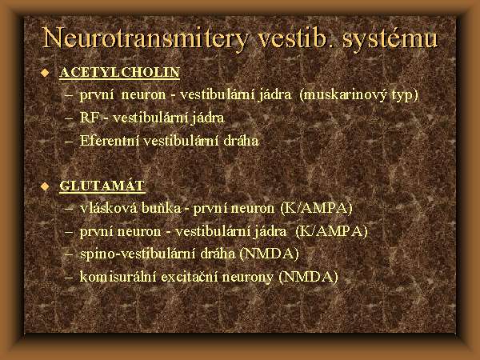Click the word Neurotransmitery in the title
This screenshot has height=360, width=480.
(145, 38)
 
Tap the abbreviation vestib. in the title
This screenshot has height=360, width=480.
(295, 38)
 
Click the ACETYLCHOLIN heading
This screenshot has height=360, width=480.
(119, 72)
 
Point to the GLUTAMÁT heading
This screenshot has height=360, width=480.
(102, 186)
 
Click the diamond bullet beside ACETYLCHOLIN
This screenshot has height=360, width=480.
(46, 73)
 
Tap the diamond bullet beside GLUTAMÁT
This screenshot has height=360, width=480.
(46, 186)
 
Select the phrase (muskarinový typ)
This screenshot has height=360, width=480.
(358, 95)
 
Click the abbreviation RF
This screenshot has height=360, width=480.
(90, 118)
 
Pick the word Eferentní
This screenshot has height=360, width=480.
(110, 141)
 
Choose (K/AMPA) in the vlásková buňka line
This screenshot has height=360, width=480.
(317, 209)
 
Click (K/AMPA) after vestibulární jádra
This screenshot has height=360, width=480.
(331, 231)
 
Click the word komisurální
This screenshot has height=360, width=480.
(118, 277)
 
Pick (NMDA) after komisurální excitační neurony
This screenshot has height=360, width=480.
(309, 277)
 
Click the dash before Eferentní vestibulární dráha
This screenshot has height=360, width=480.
(69, 142)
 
